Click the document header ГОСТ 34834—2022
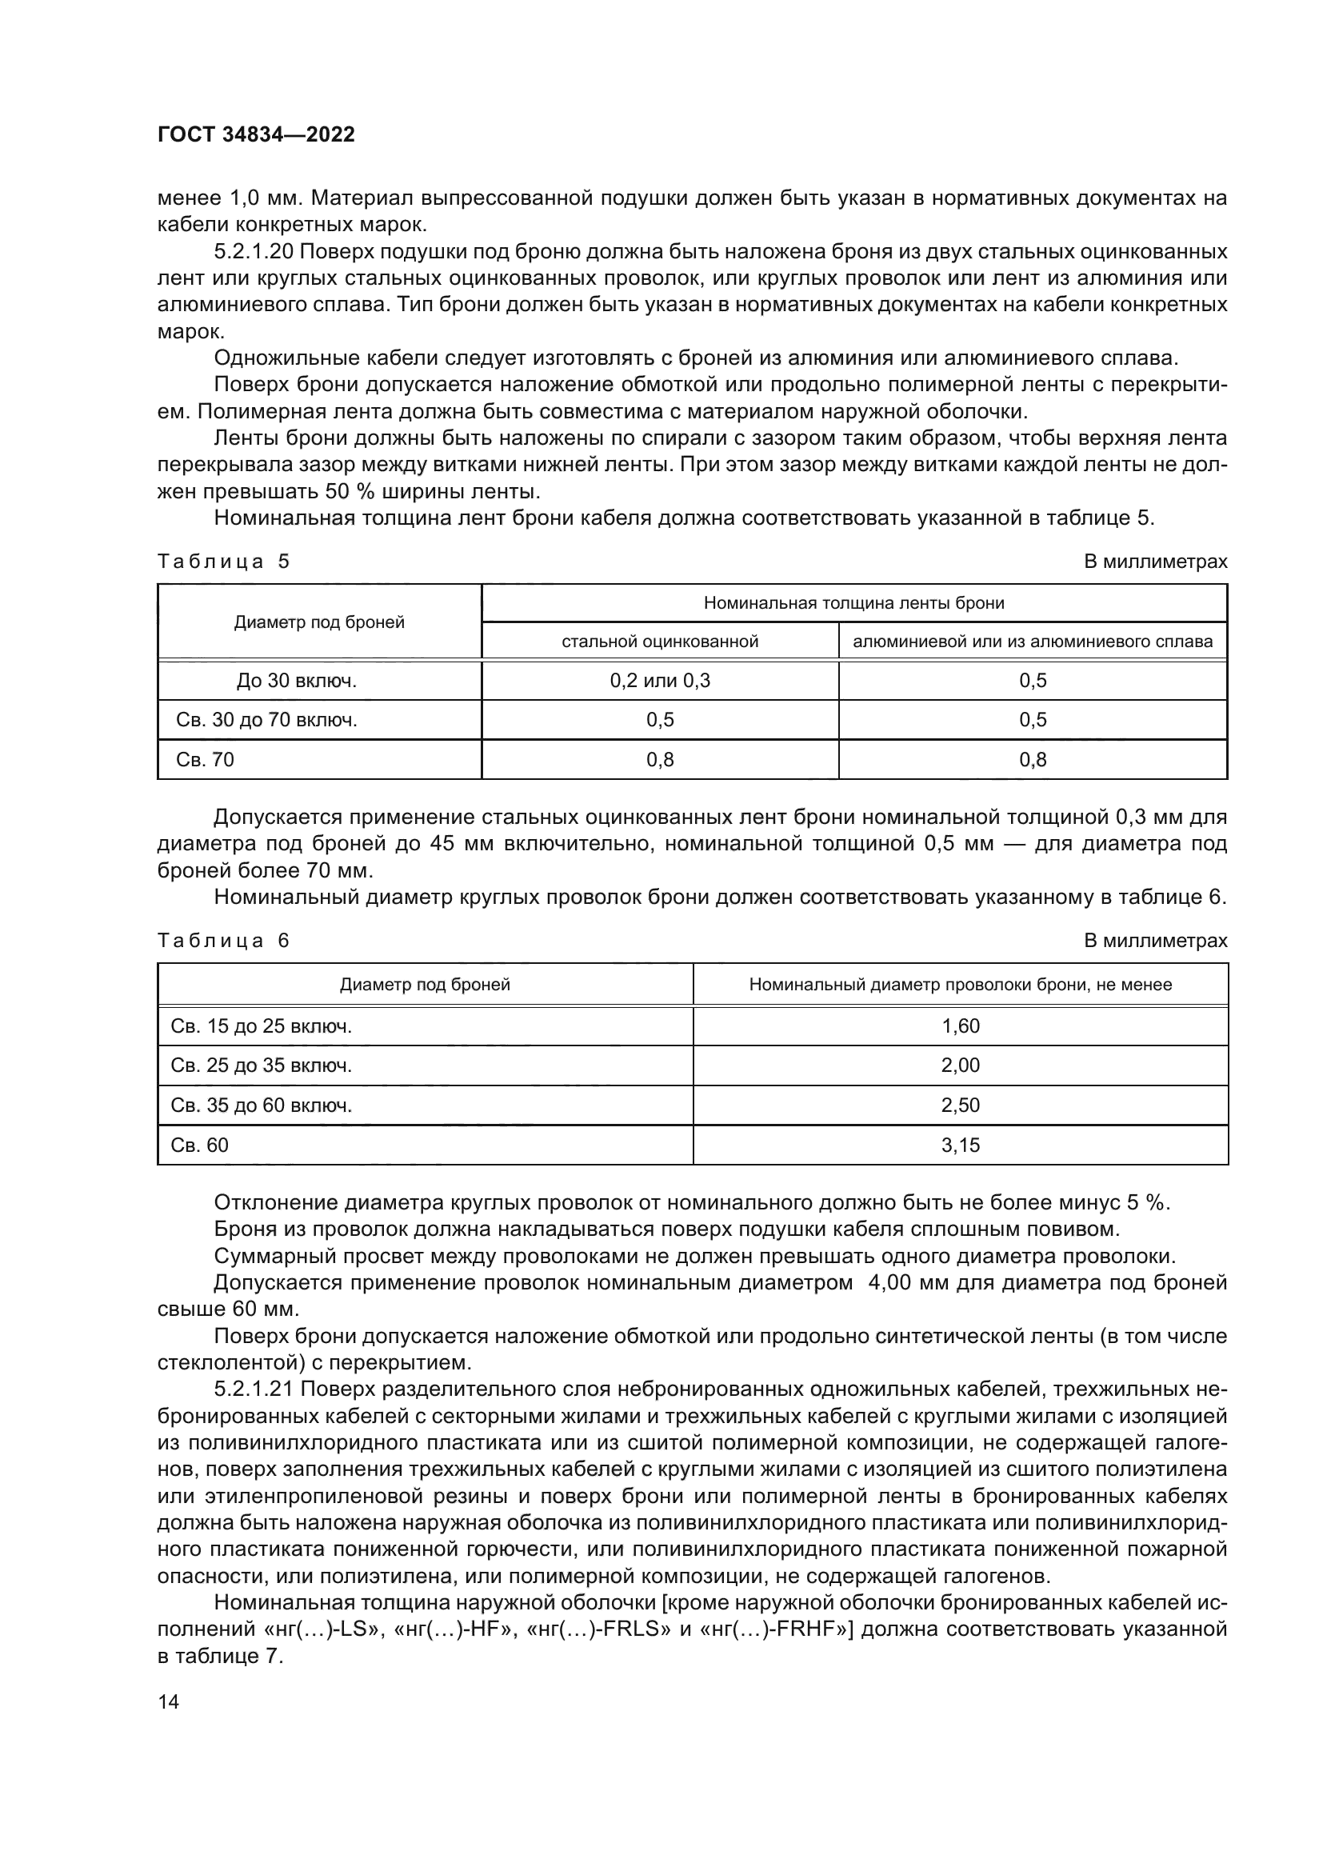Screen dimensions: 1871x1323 (256, 134)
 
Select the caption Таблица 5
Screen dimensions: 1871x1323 (223, 562)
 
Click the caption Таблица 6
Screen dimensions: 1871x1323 (223, 941)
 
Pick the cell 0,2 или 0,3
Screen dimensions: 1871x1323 (660, 681)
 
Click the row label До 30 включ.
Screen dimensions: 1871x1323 (297, 681)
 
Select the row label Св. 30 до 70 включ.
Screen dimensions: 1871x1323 (266, 720)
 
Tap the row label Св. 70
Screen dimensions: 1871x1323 (206, 759)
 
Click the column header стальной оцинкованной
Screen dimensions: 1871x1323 (660, 642)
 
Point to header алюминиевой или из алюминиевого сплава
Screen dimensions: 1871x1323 (1032, 642)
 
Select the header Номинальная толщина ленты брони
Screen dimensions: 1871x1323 (853, 603)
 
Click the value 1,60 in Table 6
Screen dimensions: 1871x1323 (961, 1026)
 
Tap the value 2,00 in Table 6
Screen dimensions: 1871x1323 (961, 1065)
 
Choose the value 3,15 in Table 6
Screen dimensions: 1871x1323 (961, 1145)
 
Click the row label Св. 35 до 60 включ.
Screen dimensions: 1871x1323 (261, 1105)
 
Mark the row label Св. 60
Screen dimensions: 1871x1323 (200, 1145)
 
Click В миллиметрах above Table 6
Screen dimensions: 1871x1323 (1155, 941)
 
